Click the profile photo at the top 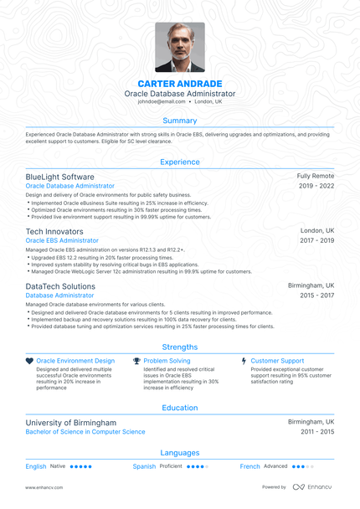180,47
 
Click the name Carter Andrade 180,83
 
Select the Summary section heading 180,121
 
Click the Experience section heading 180,162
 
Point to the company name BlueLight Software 59,177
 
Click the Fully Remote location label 316,177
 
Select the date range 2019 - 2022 316,186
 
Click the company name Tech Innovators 54,230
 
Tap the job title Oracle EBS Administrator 62,240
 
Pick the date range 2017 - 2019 316,240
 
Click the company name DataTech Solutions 60,285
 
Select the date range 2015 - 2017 316,296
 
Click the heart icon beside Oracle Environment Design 29,360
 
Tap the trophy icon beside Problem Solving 136,360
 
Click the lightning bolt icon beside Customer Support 244,360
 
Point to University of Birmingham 71,423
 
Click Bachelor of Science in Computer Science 85,432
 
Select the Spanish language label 144,466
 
